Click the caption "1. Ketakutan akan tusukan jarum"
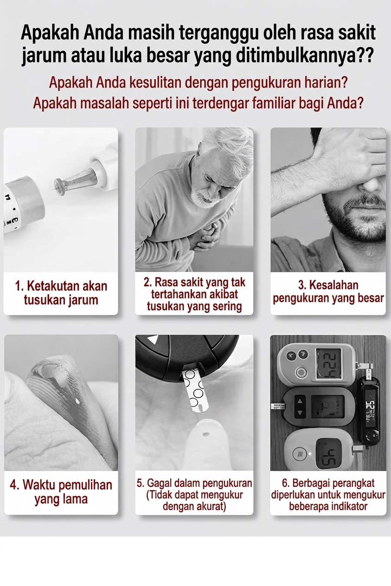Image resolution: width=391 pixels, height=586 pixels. tap(61, 293)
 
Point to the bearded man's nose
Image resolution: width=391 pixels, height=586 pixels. tap(372, 183)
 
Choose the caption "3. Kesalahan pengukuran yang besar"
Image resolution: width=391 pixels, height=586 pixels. tap(328, 292)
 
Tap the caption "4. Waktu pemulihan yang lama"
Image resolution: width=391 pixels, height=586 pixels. tap(61, 492)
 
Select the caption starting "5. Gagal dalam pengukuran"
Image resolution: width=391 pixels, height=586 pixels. tap(194, 495)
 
